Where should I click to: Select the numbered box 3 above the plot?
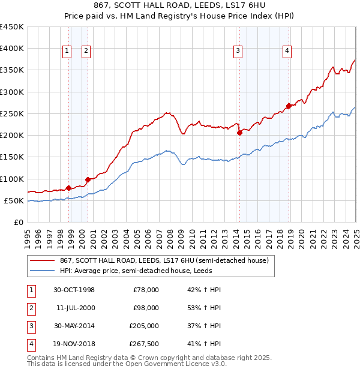(x=238, y=52)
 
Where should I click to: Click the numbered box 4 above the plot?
(x=287, y=52)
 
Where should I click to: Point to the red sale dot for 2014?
(x=239, y=133)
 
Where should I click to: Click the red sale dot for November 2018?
(x=289, y=106)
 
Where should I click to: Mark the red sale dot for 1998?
(x=69, y=188)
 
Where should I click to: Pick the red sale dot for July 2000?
(x=88, y=179)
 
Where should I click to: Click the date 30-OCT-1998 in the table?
(x=74, y=290)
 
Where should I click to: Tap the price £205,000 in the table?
(x=144, y=326)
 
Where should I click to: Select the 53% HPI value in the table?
(x=204, y=308)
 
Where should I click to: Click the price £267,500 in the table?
(x=144, y=344)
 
